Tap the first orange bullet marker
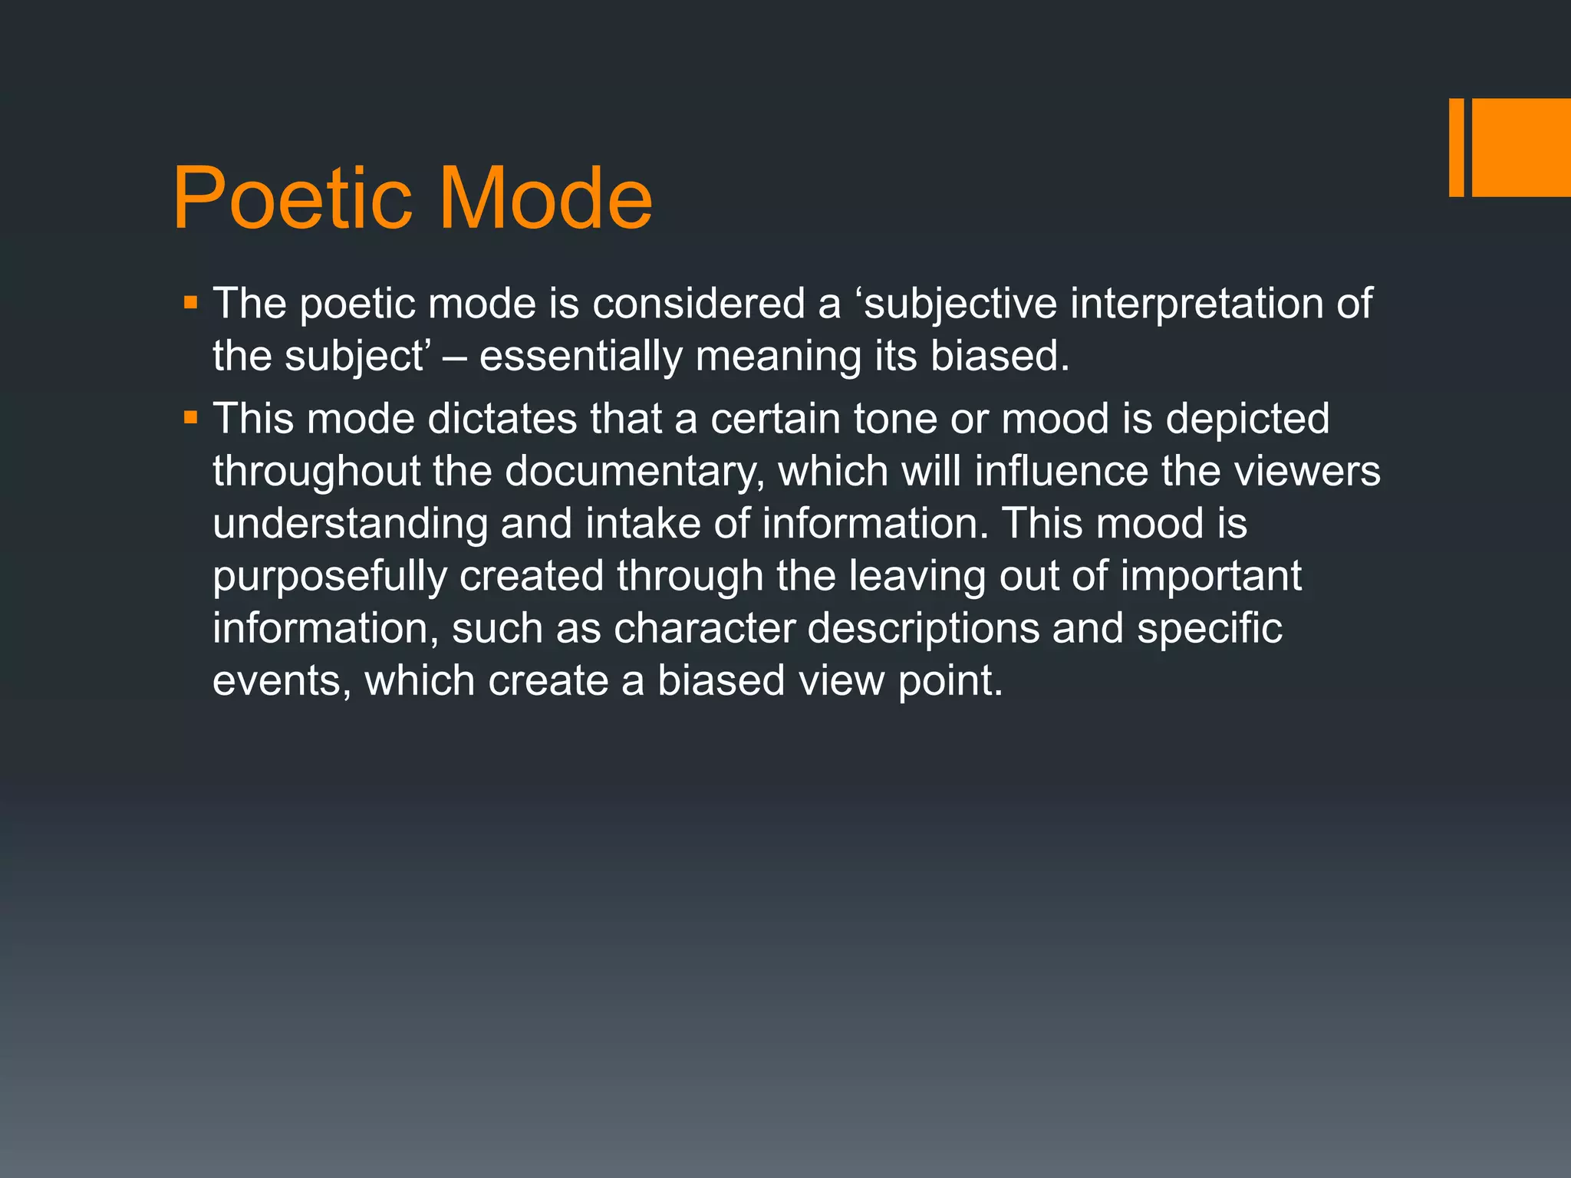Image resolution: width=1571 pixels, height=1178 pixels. (191, 303)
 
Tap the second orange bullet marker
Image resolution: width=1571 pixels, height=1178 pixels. (191, 419)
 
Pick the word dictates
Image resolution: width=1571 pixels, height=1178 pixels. (502, 419)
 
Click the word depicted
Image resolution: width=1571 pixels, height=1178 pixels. (1247, 420)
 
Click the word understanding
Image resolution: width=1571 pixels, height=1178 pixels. (350, 524)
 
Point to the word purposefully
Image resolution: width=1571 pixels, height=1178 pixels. (329, 576)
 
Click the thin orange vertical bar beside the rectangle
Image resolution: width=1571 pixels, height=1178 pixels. (1456, 147)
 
